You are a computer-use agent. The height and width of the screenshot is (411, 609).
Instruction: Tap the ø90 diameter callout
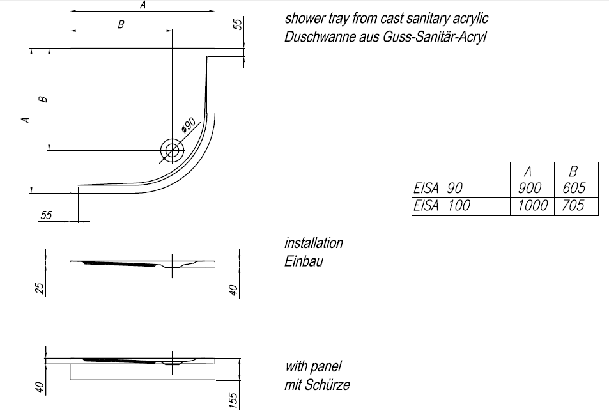point(189,125)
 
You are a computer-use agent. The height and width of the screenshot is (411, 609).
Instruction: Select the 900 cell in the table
point(529,188)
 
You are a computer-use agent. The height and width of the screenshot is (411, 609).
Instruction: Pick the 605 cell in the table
point(574,188)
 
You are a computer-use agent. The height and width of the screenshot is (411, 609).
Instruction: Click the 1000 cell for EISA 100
point(532,206)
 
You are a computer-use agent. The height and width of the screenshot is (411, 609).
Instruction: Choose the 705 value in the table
point(573,206)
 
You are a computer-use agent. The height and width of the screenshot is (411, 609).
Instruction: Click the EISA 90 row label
point(438,188)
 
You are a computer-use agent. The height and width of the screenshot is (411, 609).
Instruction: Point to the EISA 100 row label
point(442,206)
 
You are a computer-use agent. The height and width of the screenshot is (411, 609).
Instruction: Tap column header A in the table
point(527,171)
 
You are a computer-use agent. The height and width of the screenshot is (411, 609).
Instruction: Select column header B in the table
point(573,171)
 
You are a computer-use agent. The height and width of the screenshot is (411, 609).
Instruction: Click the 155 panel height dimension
point(233,401)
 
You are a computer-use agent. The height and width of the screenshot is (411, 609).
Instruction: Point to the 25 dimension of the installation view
point(40,288)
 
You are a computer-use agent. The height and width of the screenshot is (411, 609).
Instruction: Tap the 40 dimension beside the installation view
point(233,290)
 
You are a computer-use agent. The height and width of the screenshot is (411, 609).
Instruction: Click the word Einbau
point(304,261)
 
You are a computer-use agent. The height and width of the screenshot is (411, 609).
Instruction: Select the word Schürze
point(327,385)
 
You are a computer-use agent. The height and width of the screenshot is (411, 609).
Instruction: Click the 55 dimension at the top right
point(238,24)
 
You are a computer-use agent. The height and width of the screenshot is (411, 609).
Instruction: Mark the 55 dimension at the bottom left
point(46,215)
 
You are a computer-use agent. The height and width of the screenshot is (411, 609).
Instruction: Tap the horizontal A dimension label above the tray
point(143,5)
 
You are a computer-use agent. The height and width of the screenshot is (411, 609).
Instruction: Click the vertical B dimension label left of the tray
point(43,99)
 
